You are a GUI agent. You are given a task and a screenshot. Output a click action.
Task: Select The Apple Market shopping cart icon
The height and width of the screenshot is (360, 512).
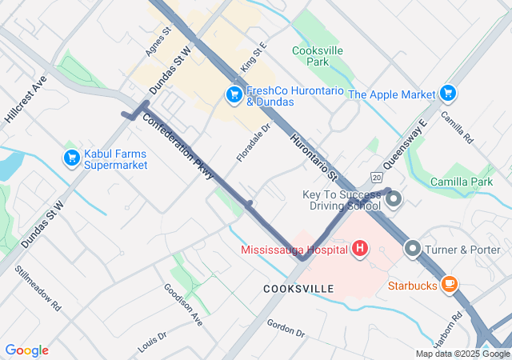447,94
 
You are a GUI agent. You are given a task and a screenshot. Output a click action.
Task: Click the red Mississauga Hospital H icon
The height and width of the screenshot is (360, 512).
359,249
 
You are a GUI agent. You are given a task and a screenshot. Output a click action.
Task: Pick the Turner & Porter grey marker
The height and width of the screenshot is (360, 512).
413,249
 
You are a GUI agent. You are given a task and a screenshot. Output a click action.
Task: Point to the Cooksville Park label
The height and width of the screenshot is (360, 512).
311,56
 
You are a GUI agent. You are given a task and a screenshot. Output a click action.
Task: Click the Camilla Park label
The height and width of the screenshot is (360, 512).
460,182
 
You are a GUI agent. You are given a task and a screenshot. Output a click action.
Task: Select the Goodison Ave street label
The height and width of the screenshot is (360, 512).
182,303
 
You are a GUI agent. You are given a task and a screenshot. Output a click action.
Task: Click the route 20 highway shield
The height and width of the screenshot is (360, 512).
376,175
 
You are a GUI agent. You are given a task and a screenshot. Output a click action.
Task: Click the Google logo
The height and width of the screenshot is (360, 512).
26,350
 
